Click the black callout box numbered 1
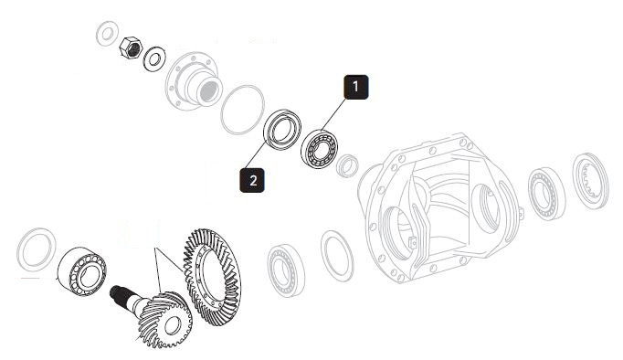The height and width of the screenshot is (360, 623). click(355, 87)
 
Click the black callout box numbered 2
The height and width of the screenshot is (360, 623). click(252, 180)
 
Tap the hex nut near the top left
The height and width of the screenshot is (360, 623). click(131, 48)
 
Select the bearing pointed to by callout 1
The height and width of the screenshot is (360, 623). click(319, 149)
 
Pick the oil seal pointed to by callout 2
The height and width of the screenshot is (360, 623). click(282, 130)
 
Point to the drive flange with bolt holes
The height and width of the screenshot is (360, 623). click(193, 81)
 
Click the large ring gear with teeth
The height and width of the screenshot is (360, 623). click(212, 277)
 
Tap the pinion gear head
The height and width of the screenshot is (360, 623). click(164, 319)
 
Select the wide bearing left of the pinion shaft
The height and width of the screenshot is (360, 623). click(82, 271)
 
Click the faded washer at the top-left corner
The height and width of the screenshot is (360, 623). click(107, 34)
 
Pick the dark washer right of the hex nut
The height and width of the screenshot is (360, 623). click(154, 58)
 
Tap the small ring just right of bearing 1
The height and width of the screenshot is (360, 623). click(347, 165)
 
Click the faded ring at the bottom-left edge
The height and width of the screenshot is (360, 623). click(37, 249)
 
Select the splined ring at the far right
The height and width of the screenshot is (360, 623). click(590, 180)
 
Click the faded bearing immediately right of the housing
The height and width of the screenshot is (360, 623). click(546, 194)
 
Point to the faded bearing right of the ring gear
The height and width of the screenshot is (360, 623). click(286, 270)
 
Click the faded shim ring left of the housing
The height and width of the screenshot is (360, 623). click(337, 256)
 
